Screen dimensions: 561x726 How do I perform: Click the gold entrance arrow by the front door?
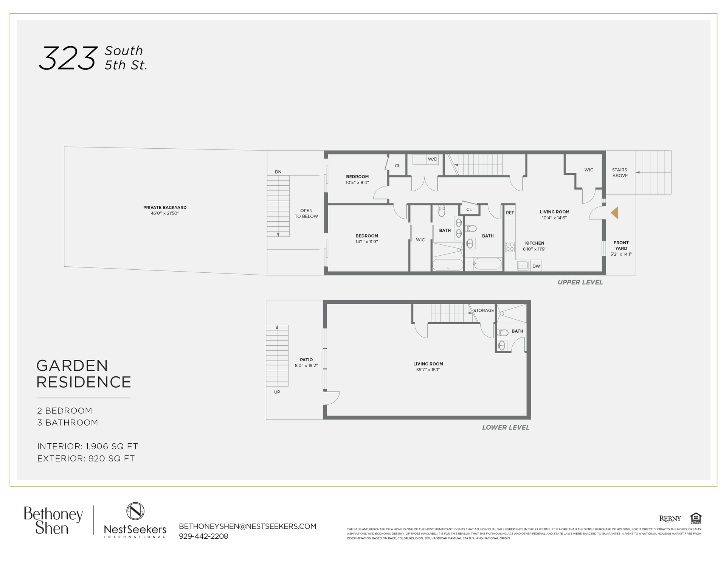pyautogui.click(x=615, y=213)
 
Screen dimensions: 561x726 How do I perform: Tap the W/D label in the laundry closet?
pyautogui.click(x=432, y=159)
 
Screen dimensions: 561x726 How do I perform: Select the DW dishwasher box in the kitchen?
pyautogui.click(x=536, y=266)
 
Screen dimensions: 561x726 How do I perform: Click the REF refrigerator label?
pyautogui.click(x=510, y=213)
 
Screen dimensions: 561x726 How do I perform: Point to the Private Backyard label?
pyautogui.click(x=165, y=208)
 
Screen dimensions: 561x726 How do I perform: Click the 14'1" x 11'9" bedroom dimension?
pyautogui.click(x=366, y=242)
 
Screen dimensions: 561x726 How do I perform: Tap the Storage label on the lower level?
pyautogui.click(x=484, y=311)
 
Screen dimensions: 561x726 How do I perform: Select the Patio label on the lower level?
pyautogui.click(x=306, y=360)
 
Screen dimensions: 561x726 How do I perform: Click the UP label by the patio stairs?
pyautogui.click(x=277, y=392)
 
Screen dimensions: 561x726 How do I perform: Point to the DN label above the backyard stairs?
pyautogui.click(x=278, y=172)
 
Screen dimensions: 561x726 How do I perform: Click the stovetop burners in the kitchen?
pyautogui.click(x=510, y=247)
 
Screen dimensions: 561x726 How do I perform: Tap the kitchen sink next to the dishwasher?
pyautogui.click(x=523, y=266)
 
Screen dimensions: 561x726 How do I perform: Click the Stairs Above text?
pyautogui.click(x=620, y=173)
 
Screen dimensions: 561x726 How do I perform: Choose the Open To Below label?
pyautogui.click(x=306, y=213)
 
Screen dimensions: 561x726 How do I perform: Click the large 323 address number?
pyautogui.click(x=68, y=58)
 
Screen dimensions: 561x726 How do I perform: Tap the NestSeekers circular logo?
pyautogui.click(x=135, y=511)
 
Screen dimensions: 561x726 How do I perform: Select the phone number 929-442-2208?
pyautogui.click(x=203, y=536)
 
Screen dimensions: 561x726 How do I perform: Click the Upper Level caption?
pyautogui.click(x=580, y=282)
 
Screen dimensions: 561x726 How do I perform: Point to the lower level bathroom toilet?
pyautogui.click(x=503, y=333)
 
